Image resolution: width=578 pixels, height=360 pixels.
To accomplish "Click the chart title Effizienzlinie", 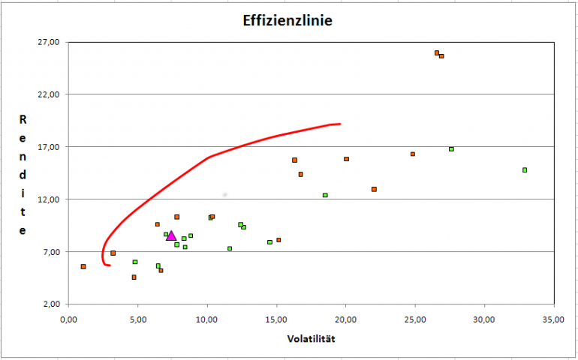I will (288, 20).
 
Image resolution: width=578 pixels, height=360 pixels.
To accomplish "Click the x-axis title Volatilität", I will (311, 339).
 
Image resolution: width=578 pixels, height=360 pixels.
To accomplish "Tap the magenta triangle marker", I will (171, 235).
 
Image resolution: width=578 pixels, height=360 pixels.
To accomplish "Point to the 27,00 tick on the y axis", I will (48, 42).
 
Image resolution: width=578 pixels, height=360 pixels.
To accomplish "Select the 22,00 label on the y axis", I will (48, 94).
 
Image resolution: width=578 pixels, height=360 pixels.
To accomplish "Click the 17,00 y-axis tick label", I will (48, 147).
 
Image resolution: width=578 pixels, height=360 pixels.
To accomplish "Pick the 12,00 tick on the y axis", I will (48, 199).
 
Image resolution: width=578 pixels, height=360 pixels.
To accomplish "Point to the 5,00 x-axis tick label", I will (137, 317).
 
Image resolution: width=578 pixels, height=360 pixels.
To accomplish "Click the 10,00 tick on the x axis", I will (206, 317).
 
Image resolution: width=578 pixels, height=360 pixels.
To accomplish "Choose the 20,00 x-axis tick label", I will (345, 317).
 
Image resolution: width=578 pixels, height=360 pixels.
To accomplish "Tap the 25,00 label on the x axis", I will (415, 317).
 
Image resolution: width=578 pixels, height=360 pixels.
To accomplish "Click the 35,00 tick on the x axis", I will (554, 317).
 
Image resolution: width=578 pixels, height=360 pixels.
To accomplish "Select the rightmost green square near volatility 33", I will (525, 170).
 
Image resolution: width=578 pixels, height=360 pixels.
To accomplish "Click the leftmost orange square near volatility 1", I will (83, 266).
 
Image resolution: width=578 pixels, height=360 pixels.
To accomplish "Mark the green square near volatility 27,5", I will (451, 149).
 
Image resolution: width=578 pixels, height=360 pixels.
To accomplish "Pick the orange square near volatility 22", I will (374, 189).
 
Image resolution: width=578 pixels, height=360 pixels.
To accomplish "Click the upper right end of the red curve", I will (339, 124).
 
